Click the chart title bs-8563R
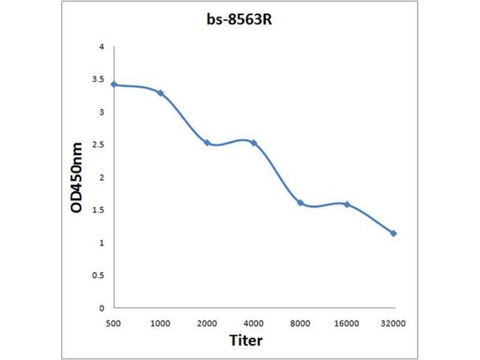pos(241,19)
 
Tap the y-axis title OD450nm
pos(76,177)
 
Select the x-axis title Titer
pos(246,340)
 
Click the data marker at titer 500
pos(114,85)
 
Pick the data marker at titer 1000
pos(160,93)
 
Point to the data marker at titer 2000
pos(207,143)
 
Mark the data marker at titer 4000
pos(254,143)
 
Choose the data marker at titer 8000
pos(300,203)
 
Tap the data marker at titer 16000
pos(347,205)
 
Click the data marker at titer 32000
pos(394,233)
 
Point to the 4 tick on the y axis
pos(102,47)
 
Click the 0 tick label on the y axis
pos(102,308)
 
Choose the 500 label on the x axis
pos(114,323)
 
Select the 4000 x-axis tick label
pos(254,323)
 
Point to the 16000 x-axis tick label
pos(347,323)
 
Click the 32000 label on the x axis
pos(394,323)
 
